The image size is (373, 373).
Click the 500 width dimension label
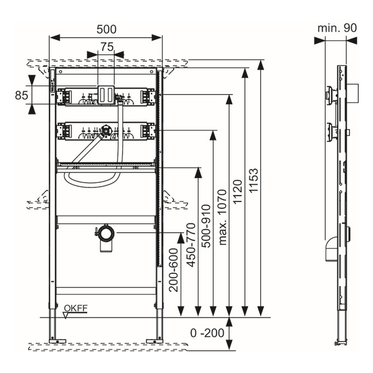(106, 28)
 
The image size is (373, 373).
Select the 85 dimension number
(21, 95)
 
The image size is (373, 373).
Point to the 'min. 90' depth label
(338, 28)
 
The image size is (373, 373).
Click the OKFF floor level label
(75, 308)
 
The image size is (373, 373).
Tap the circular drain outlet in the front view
(106, 234)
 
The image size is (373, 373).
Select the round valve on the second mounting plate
(105, 130)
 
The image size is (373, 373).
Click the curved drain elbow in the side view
(329, 250)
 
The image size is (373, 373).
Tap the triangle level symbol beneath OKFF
(67, 314)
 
